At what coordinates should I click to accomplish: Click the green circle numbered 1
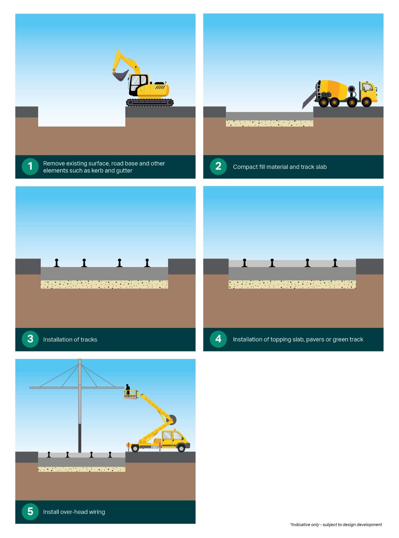click(x=30, y=166)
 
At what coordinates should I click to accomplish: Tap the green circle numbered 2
click(x=218, y=166)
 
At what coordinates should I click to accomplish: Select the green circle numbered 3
click(x=30, y=339)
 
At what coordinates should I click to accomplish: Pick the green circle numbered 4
click(x=218, y=339)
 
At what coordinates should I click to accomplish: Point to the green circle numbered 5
click(x=30, y=512)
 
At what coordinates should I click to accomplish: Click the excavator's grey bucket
click(x=120, y=76)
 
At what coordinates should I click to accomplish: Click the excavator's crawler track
click(x=150, y=102)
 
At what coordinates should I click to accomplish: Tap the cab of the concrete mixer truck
click(x=368, y=91)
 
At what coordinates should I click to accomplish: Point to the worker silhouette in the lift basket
click(x=128, y=389)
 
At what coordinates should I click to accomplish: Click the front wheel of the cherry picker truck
click(x=181, y=448)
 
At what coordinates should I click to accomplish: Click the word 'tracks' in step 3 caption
click(x=89, y=340)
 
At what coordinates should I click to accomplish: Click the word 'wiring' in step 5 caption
click(x=97, y=512)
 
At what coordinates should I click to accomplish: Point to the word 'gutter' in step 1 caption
click(x=124, y=171)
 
